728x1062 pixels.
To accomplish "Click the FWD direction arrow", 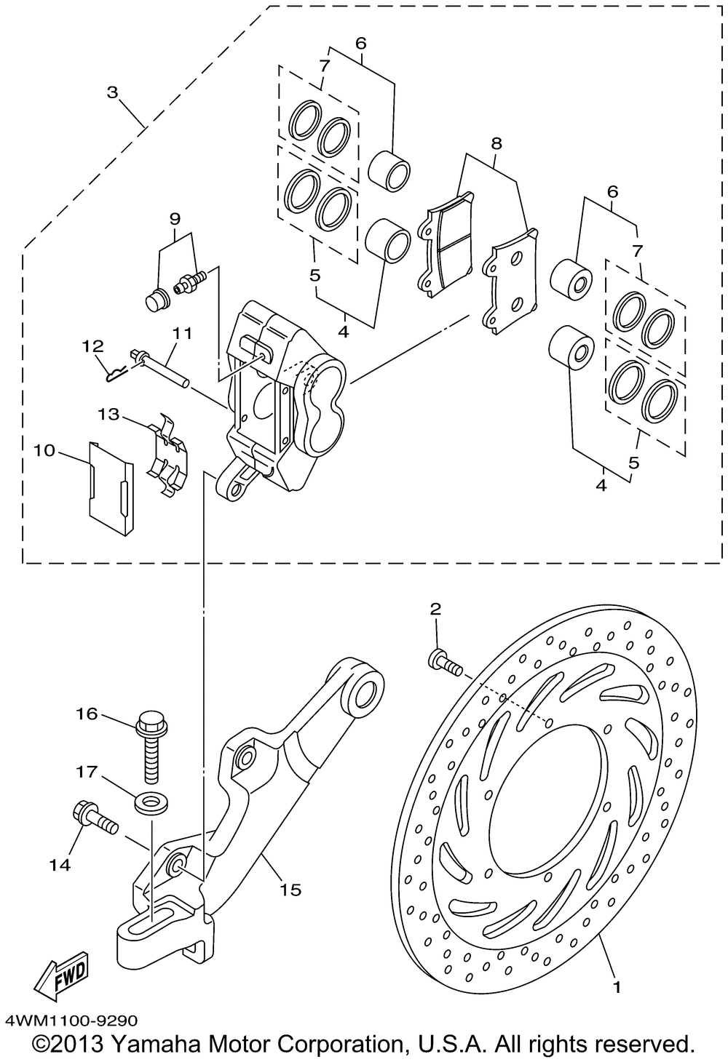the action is pos(60,973).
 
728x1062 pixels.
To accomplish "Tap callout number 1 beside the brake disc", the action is pos(617,989).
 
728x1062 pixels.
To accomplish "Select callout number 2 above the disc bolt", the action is pos(435,609).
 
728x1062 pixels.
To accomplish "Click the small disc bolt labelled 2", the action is pos(445,661).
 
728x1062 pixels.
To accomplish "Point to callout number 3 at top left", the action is pos(112,92).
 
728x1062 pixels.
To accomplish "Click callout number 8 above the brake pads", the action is pos(496,143).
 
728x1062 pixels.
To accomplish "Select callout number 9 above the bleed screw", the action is pos(175,218).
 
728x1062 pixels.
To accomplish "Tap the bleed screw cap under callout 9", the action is pos(156,300).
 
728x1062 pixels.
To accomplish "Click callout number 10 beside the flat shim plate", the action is pos(44,450).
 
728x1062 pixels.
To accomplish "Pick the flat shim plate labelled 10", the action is pos(111,488).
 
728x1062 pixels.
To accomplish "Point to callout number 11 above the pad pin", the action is pos(182,333).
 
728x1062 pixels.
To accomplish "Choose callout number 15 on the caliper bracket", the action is pos(290,890).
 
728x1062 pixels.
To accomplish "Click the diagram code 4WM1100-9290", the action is pos(71,1019).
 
